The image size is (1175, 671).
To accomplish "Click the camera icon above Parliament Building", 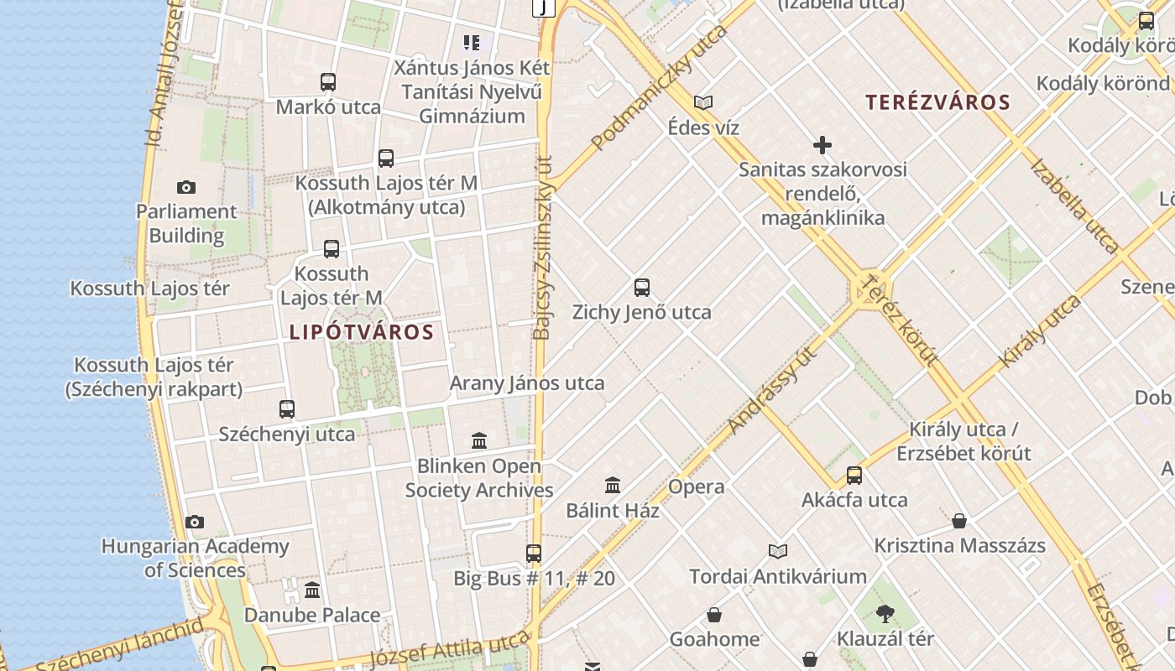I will tap(186, 187).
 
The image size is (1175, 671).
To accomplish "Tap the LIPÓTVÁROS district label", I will tap(362, 332).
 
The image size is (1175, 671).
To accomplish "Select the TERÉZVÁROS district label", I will tap(937, 103).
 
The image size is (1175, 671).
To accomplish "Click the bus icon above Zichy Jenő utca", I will tap(642, 288).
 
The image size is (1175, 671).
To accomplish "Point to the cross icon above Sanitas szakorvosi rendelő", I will tap(822, 145).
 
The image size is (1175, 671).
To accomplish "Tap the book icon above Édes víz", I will tap(703, 103).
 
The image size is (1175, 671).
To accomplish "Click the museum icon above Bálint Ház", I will tap(613, 485).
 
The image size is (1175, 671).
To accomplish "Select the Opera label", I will tap(696, 486).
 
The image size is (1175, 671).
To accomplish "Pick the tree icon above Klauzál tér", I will tap(885, 614).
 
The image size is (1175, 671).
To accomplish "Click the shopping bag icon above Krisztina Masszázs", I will tap(959, 521).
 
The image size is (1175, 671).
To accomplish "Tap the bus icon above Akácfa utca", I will tap(854, 476).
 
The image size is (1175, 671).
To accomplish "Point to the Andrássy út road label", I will tap(772, 390).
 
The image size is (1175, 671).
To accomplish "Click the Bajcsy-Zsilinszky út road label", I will tap(542, 247).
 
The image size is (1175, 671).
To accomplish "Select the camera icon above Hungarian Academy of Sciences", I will tap(195, 522).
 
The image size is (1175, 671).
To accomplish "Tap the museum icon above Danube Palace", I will tap(312, 590).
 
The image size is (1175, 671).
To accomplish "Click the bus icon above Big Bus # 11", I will tap(534, 554).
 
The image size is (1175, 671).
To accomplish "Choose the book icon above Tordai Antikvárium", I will tap(778, 551).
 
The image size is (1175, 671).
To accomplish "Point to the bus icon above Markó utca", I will tap(328, 82).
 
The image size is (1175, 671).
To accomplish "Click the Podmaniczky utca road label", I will tap(659, 88).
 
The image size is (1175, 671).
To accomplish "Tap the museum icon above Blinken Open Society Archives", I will tap(479, 440).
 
